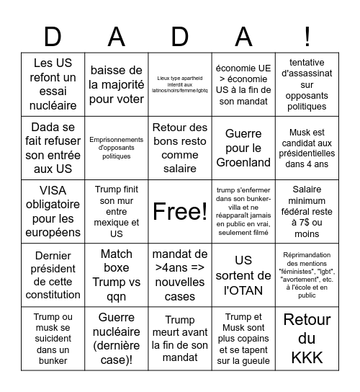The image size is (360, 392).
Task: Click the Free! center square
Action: click(x=180, y=211)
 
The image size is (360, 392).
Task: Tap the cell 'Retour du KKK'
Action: click(x=307, y=338)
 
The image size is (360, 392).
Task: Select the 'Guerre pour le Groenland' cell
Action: click(x=243, y=148)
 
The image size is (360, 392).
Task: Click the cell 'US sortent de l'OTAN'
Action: click(x=243, y=275)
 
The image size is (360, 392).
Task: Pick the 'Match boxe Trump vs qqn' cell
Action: click(x=117, y=275)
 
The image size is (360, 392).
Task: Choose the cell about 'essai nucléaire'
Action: click(x=53, y=84)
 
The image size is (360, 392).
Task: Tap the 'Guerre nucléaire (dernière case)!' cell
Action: click(x=117, y=338)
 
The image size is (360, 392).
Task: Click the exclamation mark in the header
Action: click(x=307, y=36)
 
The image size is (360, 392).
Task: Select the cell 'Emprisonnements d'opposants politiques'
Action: click(x=117, y=148)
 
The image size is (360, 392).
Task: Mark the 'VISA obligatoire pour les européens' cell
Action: click(x=53, y=211)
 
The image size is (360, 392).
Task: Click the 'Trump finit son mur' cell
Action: click(x=117, y=211)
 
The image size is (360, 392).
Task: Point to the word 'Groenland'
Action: click(x=243, y=162)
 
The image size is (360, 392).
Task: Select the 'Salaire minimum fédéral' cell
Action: click(x=307, y=211)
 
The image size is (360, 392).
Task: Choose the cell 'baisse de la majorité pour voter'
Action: click(x=117, y=84)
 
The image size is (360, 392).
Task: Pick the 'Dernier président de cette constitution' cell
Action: click(x=53, y=275)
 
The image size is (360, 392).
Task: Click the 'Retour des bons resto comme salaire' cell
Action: click(x=180, y=148)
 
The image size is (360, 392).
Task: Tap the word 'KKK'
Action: click(x=307, y=355)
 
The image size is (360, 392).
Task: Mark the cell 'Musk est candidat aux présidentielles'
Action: click(x=307, y=148)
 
